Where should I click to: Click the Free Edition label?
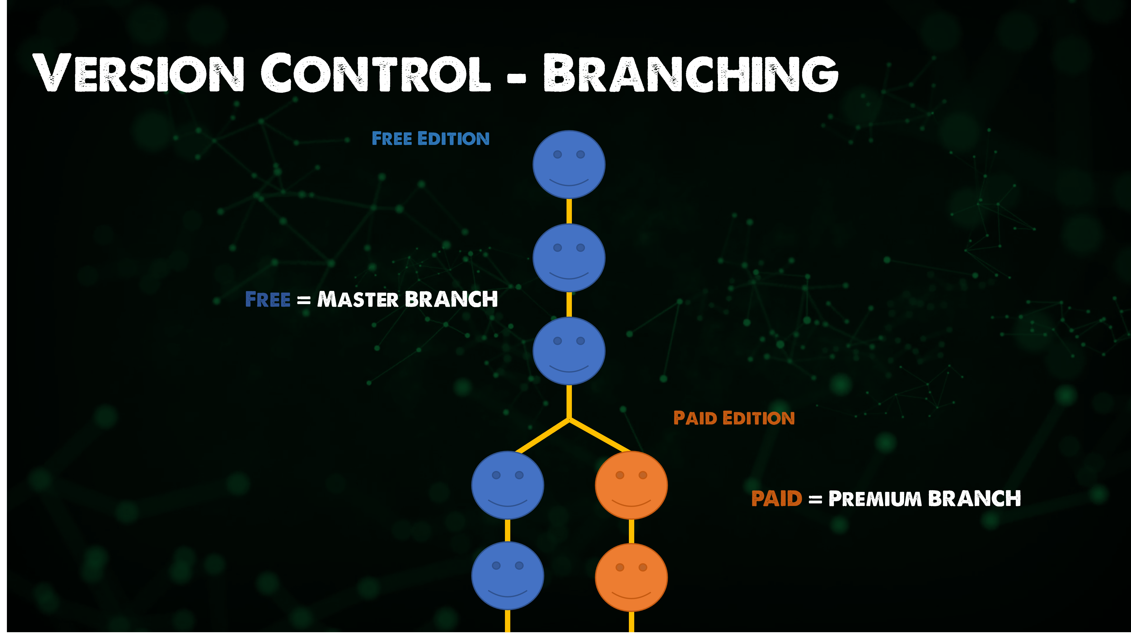click(430, 139)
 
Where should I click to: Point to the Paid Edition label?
click(734, 418)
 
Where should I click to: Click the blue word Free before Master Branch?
click(268, 299)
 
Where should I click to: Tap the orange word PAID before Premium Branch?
click(777, 499)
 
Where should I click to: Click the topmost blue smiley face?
click(569, 164)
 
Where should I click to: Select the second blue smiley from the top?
click(569, 258)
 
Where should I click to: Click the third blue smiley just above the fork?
click(569, 351)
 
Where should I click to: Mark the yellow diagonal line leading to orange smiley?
click(600, 436)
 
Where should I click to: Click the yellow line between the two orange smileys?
click(631, 531)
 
